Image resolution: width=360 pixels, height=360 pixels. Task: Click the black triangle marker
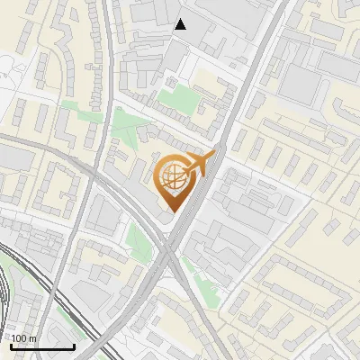point(181,24)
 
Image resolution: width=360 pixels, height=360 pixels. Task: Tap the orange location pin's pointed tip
point(172,212)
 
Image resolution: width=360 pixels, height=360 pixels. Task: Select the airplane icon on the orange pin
point(201,164)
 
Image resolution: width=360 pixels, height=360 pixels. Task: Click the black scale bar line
point(42,346)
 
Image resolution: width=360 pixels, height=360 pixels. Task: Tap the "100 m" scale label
point(23,337)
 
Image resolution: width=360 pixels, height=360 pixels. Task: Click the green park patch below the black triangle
point(179,94)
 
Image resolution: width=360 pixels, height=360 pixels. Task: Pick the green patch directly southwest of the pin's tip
point(138,238)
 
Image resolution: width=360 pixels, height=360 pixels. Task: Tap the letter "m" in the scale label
point(32,337)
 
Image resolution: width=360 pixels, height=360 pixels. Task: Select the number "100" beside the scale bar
point(19,337)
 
